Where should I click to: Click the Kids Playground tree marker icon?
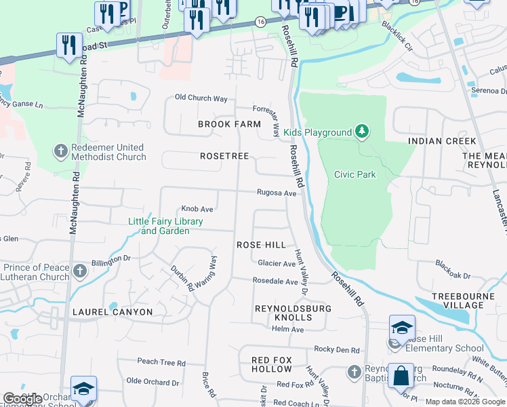click(362, 131)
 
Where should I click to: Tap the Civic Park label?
click(354, 174)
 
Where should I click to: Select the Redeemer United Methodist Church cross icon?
click(61, 151)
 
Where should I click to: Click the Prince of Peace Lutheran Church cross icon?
click(80, 272)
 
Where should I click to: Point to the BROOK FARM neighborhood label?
click(229, 124)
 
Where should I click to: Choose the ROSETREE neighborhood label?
click(221, 156)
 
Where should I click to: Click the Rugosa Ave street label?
click(277, 193)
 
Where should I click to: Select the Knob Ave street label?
click(197, 209)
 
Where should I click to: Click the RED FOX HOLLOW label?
click(271, 364)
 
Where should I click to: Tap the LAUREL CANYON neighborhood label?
click(112, 312)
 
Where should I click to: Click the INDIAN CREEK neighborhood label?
click(442, 141)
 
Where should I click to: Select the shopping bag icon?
click(401, 375)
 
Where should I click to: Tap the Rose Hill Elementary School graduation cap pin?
click(402, 327)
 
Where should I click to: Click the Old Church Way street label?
click(201, 98)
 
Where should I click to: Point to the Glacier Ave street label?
click(277, 263)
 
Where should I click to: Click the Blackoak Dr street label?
click(453, 265)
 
